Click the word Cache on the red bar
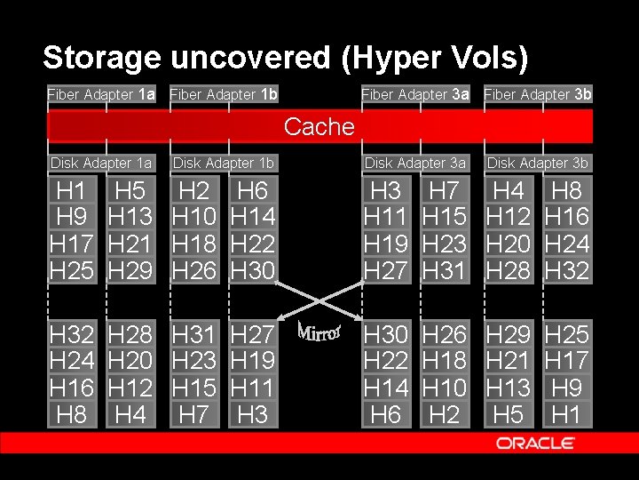pos(319,126)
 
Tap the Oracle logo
pos(535,443)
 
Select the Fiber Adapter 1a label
pos(101,93)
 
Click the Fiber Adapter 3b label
pos(537,93)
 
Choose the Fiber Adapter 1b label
pos(224,93)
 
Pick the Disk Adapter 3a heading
pos(415,163)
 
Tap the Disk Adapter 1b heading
pos(224,163)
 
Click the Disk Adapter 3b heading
pos(537,163)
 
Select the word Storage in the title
pos(101,58)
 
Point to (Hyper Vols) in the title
pos(436,58)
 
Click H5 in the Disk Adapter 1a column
pos(130,190)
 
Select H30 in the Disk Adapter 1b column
pos(252,270)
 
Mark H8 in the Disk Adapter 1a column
pos(71,414)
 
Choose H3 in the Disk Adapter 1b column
pos(252,414)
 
